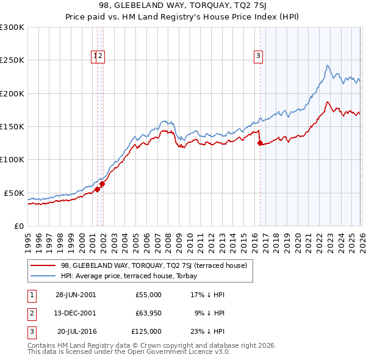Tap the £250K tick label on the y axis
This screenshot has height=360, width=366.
point(12,60)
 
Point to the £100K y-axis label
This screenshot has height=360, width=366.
point(12,159)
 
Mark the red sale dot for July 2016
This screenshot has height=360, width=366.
point(260,143)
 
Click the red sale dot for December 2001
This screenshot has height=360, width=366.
point(102,184)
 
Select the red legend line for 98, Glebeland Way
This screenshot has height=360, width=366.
point(44,265)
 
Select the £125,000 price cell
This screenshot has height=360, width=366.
point(146,331)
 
